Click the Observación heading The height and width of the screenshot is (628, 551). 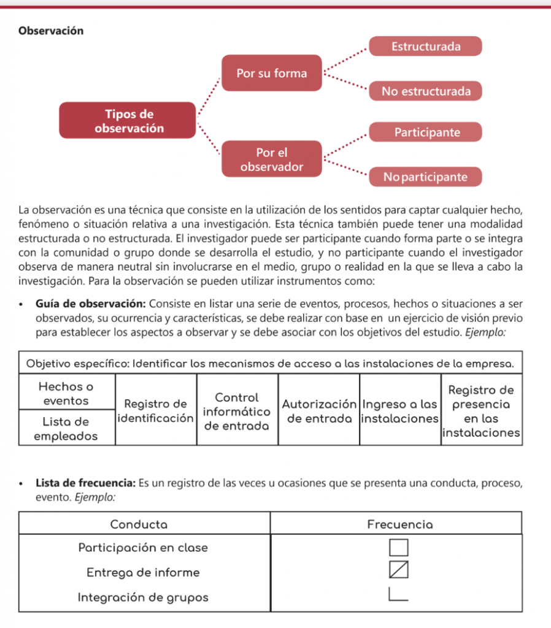tap(51, 31)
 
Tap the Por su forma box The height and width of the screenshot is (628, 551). tap(272, 74)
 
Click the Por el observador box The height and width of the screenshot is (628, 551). tap(272, 159)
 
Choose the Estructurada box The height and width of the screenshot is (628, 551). tap(426, 47)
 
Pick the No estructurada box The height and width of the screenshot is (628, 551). tap(426, 91)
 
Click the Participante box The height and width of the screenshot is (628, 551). tap(426, 132)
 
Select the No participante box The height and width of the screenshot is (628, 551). tap(426, 177)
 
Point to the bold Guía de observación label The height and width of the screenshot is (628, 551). tap(90, 304)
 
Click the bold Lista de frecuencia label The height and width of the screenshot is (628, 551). tap(85, 483)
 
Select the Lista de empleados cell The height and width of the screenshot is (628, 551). tap(66, 429)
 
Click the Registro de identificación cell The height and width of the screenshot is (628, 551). tap(155, 411)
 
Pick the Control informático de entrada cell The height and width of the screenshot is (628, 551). tap(237, 411)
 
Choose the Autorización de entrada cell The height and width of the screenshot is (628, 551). tap(319, 411)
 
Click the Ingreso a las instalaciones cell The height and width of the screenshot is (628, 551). tap(400, 411)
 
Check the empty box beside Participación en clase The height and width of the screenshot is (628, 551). tap(398, 548)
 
